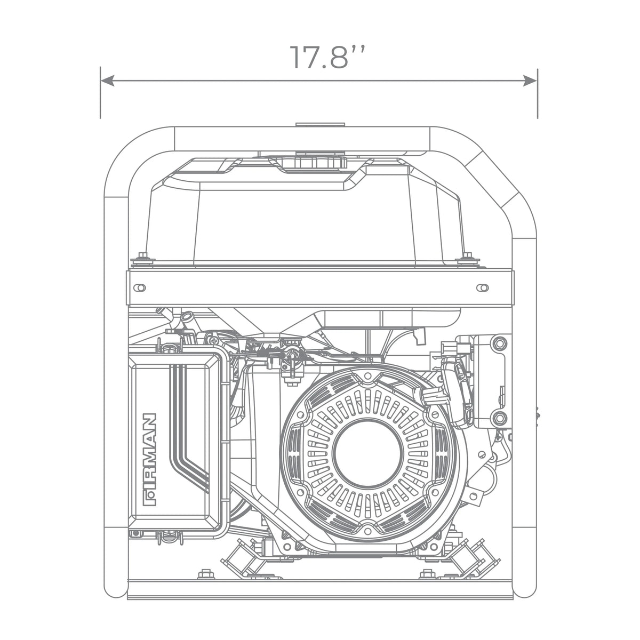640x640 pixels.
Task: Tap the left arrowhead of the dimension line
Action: [107, 81]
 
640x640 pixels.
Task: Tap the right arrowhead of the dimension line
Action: [530, 81]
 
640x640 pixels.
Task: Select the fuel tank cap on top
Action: [320, 162]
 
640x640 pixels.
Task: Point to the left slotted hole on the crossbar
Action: [139, 287]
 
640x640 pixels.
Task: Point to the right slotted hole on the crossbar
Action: [482, 287]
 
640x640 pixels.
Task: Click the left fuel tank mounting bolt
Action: [143, 258]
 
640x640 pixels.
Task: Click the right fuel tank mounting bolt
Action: [467, 258]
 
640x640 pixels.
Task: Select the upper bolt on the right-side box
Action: [499, 342]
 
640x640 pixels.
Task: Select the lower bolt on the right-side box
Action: [499, 418]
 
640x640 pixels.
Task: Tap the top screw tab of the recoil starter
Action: [367, 375]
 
